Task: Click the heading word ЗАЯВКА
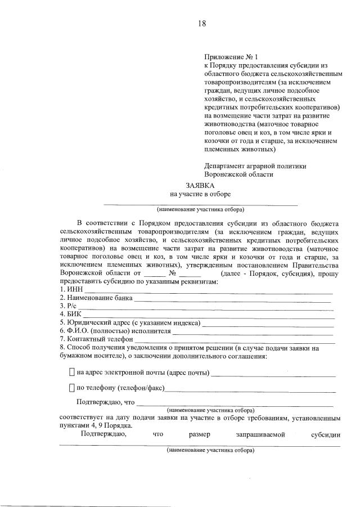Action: (200, 185)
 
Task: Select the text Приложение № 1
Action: (230, 57)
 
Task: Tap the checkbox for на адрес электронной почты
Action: (71, 373)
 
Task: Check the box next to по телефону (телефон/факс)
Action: (71, 388)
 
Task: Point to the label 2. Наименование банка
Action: (96, 298)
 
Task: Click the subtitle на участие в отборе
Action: (200, 194)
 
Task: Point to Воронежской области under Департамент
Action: (238, 174)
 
